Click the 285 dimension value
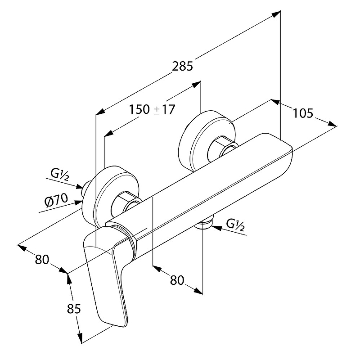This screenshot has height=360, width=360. [182, 66]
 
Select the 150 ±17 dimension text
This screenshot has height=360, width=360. [151, 109]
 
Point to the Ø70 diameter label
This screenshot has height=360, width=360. [56, 200]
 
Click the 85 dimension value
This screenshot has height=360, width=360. [74, 309]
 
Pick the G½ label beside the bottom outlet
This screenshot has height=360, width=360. [235, 224]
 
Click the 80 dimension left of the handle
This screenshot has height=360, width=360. [41, 259]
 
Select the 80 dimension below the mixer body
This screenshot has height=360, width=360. [177, 279]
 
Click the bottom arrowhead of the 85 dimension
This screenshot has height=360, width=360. [80, 340]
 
